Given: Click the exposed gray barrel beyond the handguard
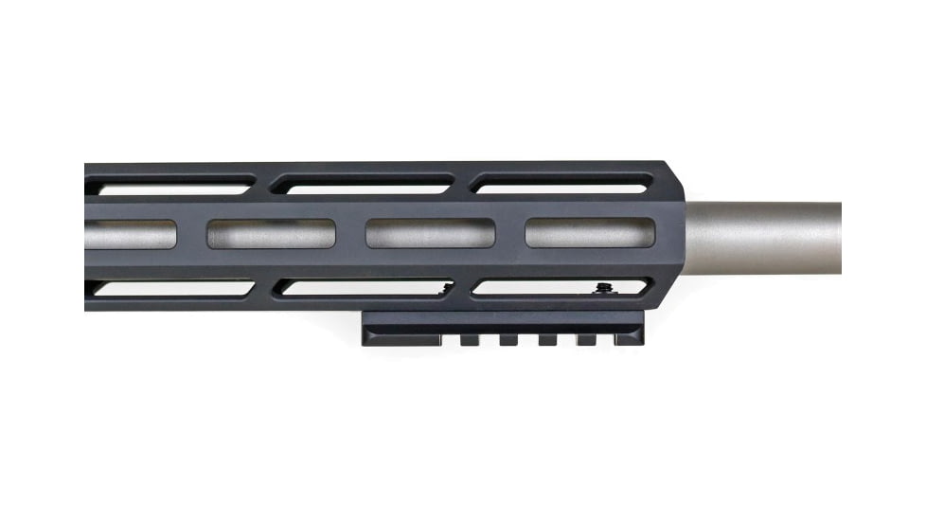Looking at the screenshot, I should [767, 237].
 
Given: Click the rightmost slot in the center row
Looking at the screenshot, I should [590, 233].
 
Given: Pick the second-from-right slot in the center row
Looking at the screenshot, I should [431, 233].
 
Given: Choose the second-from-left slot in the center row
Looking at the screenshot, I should [272, 233].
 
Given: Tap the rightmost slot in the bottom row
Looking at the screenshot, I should [559, 286].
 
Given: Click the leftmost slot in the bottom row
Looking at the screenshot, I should [170, 287].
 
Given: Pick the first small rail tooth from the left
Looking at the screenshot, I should [470, 338].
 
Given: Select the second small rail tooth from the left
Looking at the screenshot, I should [508, 338].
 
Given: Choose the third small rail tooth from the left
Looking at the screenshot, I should [547, 338].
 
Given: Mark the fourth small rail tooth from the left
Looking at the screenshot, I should [586, 338].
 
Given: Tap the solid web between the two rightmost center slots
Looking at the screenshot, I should [510, 233].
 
